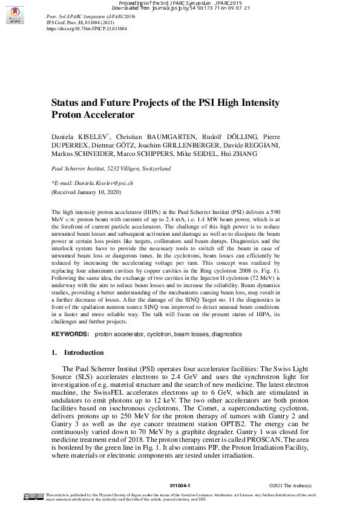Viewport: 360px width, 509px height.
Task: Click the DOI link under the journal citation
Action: (87, 28)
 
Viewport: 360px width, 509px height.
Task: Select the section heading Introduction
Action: (83, 352)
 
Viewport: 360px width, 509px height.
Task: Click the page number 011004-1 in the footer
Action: (180, 485)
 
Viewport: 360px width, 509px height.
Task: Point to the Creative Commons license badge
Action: (34, 496)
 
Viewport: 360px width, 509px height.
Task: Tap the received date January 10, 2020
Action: (96, 192)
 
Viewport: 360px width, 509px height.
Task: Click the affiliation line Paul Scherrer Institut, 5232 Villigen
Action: (111, 169)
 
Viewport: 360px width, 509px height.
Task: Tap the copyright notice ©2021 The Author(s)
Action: (290, 485)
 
